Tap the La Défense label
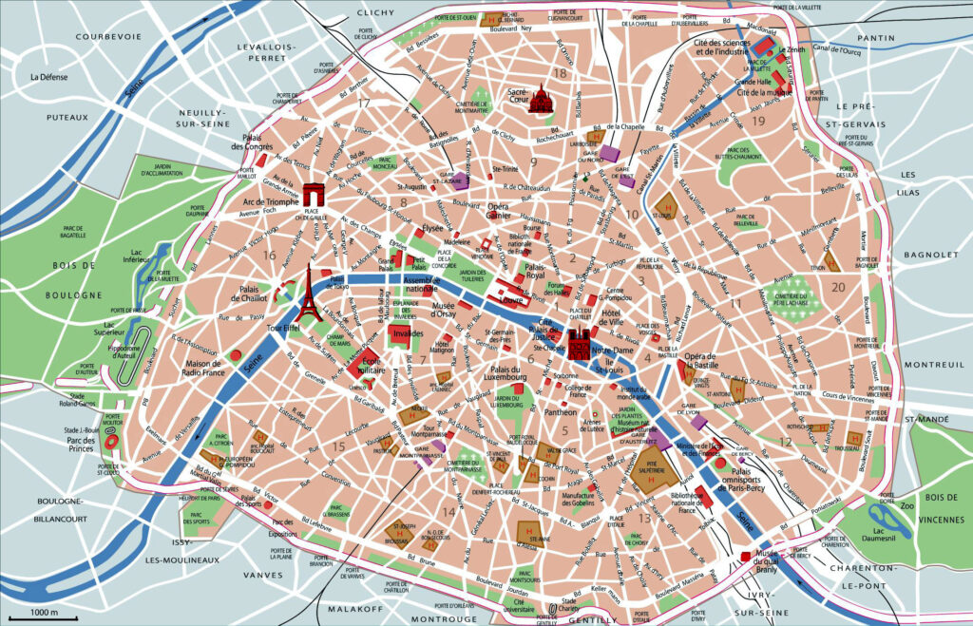tap(48, 77)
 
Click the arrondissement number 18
tap(561, 73)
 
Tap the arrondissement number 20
tap(837, 287)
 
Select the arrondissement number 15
tap(339, 446)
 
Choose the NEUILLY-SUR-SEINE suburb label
tap(207, 119)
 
